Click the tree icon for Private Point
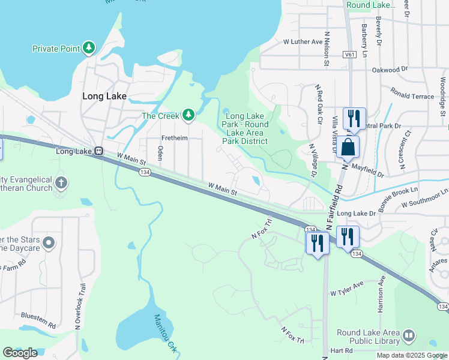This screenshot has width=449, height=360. [89, 48]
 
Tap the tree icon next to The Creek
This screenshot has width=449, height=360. [188, 115]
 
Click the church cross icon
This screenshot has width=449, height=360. [61, 182]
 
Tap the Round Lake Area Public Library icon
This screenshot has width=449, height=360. [409, 335]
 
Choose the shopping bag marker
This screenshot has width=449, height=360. [348, 146]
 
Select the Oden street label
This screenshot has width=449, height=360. [160, 154]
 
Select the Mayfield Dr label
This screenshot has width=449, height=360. [367, 172]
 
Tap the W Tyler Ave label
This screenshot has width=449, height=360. [347, 290]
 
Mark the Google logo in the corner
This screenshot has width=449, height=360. [20, 353]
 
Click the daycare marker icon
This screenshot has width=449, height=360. [49, 243]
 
